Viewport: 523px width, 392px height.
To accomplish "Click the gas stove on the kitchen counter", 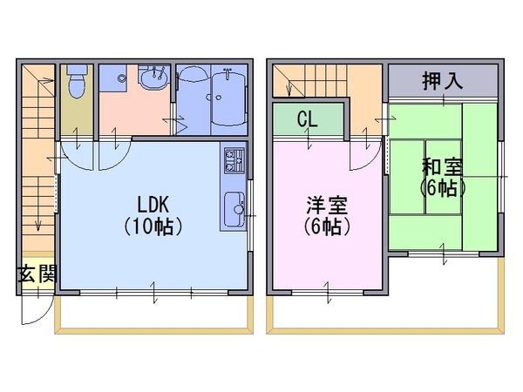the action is click(x=234, y=160).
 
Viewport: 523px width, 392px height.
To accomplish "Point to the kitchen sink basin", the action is click(x=234, y=209).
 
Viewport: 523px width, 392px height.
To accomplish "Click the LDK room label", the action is click(x=153, y=205).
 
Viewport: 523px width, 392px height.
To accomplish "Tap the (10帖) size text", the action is click(x=153, y=226).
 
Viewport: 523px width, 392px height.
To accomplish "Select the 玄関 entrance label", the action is click(x=37, y=274).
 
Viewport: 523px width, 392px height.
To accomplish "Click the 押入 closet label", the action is click(x=443, y=80).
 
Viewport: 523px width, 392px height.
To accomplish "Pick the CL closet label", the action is click(x=307, y=118).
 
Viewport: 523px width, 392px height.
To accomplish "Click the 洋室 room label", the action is click(x=327, y=205).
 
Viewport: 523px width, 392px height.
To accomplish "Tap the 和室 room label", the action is click(x=442, y=167).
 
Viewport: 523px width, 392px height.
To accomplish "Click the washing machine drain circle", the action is click(x=122, y=78).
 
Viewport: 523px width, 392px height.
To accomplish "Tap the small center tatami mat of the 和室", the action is click(x=444, y=177).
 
